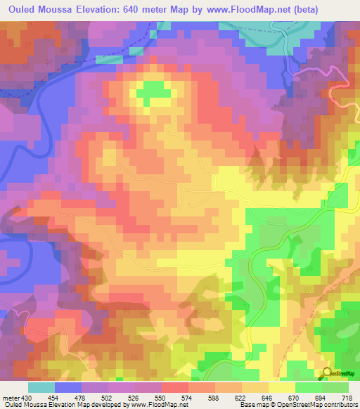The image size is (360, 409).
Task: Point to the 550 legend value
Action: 159,397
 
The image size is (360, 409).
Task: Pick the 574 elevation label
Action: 186,397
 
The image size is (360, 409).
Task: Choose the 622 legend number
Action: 240,397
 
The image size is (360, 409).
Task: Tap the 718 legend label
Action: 347,397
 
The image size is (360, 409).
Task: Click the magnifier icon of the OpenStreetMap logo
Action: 326,372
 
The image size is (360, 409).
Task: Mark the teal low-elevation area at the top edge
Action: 253,28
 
